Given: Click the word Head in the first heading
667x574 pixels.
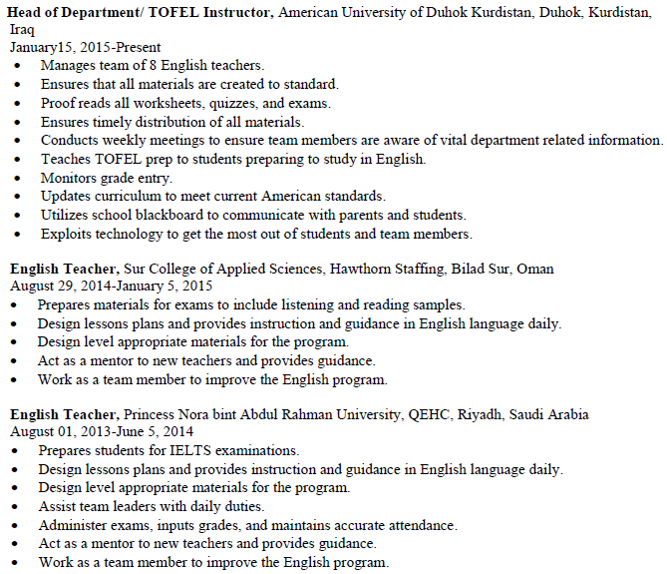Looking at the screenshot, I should coord(26,11).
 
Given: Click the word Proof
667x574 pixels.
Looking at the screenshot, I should coord(59,103).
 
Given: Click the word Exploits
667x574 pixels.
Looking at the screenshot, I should coord(67,234).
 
